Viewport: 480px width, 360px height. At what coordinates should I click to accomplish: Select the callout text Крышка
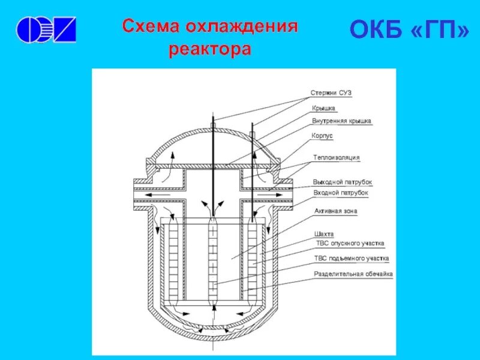pos(323,108)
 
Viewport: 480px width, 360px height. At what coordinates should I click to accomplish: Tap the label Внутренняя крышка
pos(341,121)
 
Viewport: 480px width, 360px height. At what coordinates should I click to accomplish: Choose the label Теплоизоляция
pos(336,157)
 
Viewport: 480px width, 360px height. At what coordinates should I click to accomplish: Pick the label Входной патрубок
pos(340,193)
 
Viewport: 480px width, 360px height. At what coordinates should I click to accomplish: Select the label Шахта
pos(323,233)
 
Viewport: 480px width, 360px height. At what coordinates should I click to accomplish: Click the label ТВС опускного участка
pos(349,244)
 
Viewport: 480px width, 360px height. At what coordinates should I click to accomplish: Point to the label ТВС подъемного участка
pos(352,259)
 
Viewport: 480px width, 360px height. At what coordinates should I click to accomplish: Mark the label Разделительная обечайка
pos(353,274)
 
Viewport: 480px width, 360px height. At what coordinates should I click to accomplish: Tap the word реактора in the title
pos(209,49)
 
